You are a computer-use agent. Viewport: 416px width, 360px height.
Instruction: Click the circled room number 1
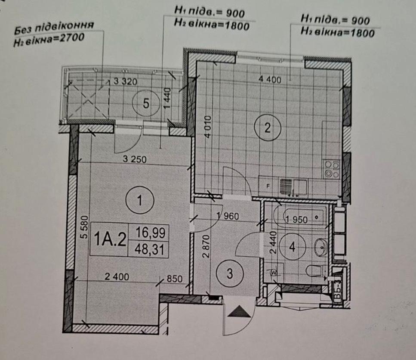pos(140,200)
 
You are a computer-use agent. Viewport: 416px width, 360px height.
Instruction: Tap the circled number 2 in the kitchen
pos(267,128)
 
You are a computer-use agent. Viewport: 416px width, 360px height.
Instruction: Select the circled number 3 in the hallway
pos(230,273)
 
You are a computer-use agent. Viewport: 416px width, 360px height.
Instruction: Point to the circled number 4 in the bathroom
pos(292,247)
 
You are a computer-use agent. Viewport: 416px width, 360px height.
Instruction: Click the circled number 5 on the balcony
pos(146,103)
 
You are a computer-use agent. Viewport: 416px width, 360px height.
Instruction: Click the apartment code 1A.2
pos(110,239)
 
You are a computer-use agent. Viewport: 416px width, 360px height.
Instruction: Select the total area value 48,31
pos(150,249)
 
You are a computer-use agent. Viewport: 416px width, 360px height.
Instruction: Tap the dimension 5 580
pos(83,227)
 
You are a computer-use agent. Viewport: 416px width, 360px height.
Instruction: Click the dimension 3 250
pos(135,159)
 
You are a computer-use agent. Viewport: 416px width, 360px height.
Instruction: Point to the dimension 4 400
pos(270,79)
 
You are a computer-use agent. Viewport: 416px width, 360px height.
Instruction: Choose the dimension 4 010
pos(208,126)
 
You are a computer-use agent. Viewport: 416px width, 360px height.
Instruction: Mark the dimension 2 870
pos(206,246)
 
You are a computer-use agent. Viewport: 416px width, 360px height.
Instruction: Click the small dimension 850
pos(175,279)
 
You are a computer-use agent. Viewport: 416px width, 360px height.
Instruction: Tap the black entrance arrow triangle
pos(239,311)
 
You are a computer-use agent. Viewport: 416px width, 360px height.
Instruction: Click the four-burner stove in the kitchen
pos(331,169)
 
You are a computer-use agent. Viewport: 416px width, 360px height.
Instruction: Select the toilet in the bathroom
pos(314,271)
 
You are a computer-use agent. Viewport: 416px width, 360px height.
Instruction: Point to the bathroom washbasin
pos(321,247)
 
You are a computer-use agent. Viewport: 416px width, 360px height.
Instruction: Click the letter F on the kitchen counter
pos(268,186)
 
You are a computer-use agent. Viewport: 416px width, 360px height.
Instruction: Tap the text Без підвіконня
pos(54,28)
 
